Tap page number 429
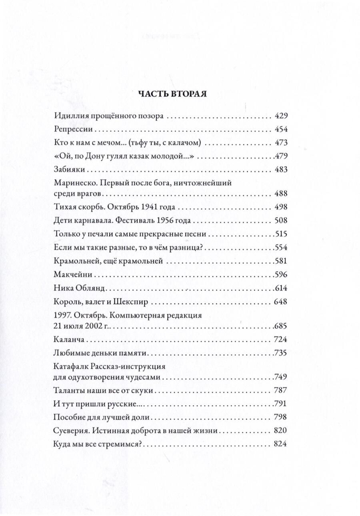point(281,116)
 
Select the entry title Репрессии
point(73,130)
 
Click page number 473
point(281,143)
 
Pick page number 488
point(281,194)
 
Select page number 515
point(281,234)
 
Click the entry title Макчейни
point(72,275)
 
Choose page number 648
point(281,301)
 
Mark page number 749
point(281,377)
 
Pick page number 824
point(281,444)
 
